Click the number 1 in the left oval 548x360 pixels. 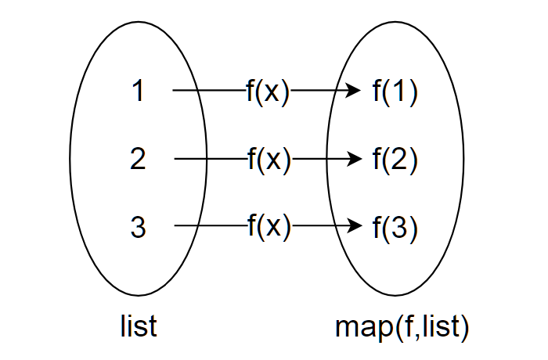coord(139,92)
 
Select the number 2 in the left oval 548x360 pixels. coord(139,160)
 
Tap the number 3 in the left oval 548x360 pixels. coord(139,228)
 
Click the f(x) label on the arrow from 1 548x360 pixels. coord(268,92)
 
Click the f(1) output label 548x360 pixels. coord(395,92)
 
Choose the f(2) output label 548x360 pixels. coord(395,160)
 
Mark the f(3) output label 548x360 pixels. coord(395,228)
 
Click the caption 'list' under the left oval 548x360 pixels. coord(139,326)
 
